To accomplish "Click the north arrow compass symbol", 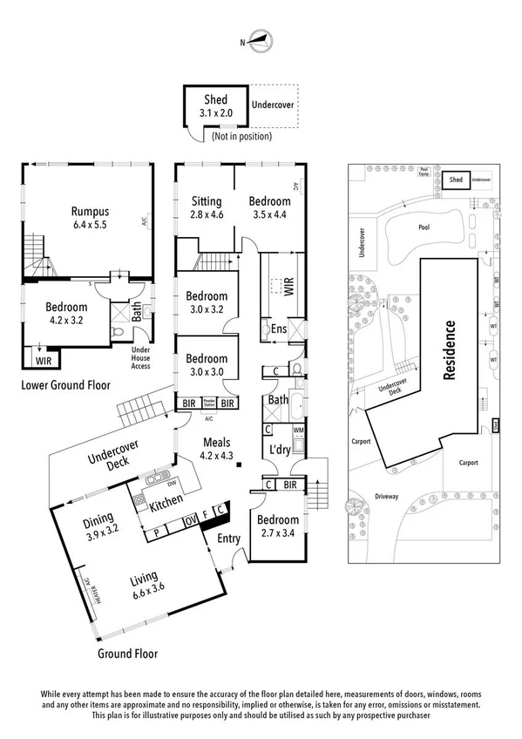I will tap(261, 40).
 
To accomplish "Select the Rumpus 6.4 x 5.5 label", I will tap(90, 218).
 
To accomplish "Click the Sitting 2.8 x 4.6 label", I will tap(207, 207).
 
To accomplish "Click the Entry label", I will tap(228, 539).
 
